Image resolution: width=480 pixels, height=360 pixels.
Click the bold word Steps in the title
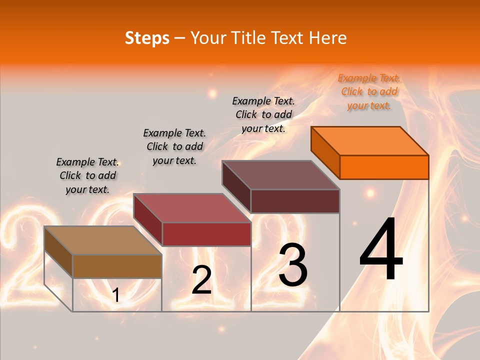(147, 38)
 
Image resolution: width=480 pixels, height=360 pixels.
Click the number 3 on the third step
(293, 265)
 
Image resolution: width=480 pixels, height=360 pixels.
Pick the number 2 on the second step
(202, 280)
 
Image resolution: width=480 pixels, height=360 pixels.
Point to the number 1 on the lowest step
(115, 295)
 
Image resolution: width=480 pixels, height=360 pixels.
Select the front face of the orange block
(384, 167)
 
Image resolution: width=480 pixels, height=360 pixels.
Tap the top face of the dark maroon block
(281, 175)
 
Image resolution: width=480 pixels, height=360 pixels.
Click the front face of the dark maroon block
(295, 201)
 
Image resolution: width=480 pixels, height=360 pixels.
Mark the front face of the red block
(206, 234)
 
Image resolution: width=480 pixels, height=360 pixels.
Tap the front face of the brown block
(117, 266)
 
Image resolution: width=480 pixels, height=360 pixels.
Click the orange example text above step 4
(369, 91)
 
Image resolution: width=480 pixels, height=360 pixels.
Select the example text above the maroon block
(263, 114)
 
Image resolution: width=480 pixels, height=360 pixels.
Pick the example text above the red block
(174, 146)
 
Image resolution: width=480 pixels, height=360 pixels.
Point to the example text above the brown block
(87, 175)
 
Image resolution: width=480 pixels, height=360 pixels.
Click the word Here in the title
(328, 38)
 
